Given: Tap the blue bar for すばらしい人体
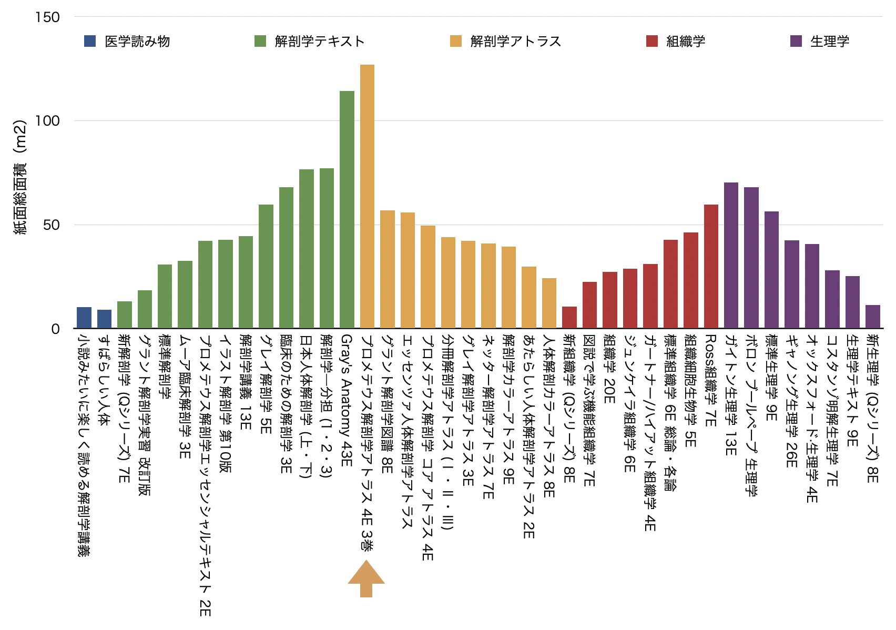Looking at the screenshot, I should pyautogui.click(x=104, y=319).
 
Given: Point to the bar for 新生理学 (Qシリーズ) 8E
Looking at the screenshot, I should pyautogui.click(x=872, y=317).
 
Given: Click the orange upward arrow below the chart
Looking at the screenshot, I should pyautogui.click(x=366, y=578).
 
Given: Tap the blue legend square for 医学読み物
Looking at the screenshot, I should pyautogui.click(x=90, y=41).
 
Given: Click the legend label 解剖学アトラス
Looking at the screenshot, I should pyautogui.click(x=515, y=41).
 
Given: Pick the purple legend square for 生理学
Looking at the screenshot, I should pyautogui.click(x=796, y=41).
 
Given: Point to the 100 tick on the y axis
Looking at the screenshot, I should pyautogui.click(x=47, y=120).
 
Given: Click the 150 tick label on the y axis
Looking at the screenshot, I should pyautogui.click(x=47, y=17).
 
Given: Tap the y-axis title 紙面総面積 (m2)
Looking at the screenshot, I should pyautogui.click(x=19, y=177).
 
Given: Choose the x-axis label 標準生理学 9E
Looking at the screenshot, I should pyautogui.click(x=771, y=377).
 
